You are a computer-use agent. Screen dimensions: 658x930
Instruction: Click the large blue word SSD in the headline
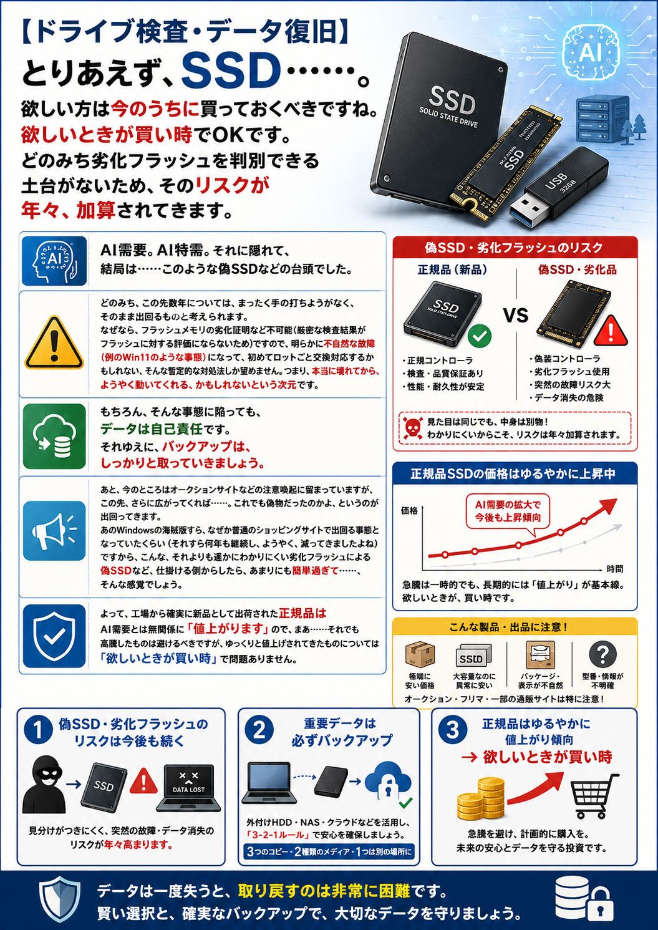[229, 73]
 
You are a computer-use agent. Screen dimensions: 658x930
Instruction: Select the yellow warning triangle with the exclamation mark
[54, 343]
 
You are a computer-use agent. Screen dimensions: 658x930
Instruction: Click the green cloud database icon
[54, 436]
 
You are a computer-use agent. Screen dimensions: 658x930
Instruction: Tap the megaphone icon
[54, 531]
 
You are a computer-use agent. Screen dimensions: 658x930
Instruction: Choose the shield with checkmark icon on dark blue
[54, 636]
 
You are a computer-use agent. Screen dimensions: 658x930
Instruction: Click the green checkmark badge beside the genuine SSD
[480, 336]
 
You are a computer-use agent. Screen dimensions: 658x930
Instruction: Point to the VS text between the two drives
[516, 316]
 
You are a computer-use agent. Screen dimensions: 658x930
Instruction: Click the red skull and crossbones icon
[412, 428]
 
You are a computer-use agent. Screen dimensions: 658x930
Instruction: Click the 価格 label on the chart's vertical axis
[409, 511]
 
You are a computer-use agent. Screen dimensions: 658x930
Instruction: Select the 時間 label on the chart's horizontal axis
[614, 569]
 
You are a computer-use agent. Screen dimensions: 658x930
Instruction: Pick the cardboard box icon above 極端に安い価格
[420, 654]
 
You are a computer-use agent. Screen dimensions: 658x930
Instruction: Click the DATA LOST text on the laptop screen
[188, 790]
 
